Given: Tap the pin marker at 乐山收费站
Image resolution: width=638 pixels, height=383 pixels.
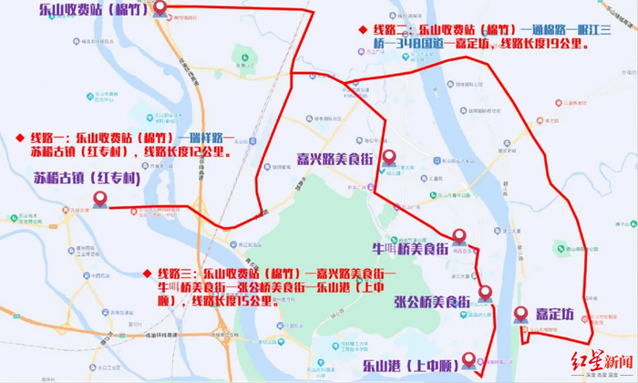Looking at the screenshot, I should [161, 9].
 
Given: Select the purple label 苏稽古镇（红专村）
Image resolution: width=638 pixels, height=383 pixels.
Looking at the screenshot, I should [87, 177].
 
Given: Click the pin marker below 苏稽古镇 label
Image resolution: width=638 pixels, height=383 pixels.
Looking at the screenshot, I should [99, 200].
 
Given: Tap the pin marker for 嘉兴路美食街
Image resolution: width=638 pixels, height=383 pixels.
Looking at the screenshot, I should [389, 157].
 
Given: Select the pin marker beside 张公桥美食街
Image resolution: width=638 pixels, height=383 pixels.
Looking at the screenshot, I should [485, 294].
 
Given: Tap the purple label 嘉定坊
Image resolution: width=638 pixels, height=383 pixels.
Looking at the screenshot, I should [555, 315].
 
